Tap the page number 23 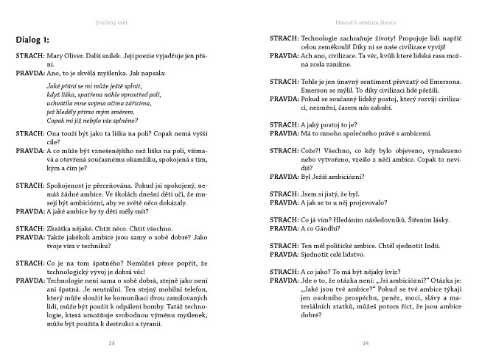(x=112, y=343)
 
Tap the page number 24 (x=366, y=343)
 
